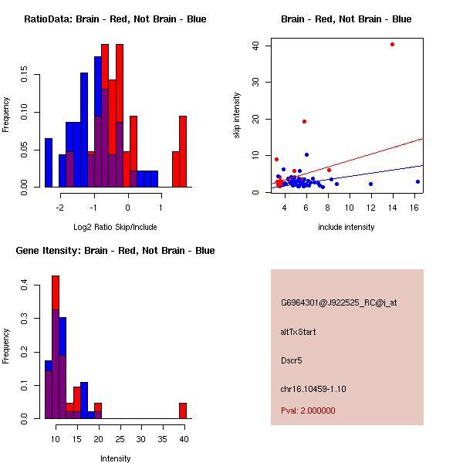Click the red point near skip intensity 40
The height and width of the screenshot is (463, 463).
pyautogui.click(x=392, y=44)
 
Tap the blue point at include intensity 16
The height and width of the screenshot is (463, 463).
pyautogui.click(x=417, y=181)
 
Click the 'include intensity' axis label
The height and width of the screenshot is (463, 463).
pyautogui.click(x=346, y=227)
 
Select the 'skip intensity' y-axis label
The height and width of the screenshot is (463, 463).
pyautogui.click(x=238, y=116)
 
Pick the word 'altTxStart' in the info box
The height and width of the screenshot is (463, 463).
pyautogui.click(x=299, y=332)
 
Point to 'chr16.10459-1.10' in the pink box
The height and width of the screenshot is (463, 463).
pyautogui.click(x=313, y=389)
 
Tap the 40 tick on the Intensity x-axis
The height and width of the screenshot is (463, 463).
pyautogui.click(x=183, y=439)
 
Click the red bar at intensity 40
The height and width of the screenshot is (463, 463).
pyautogui.click(x=183, y=411)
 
